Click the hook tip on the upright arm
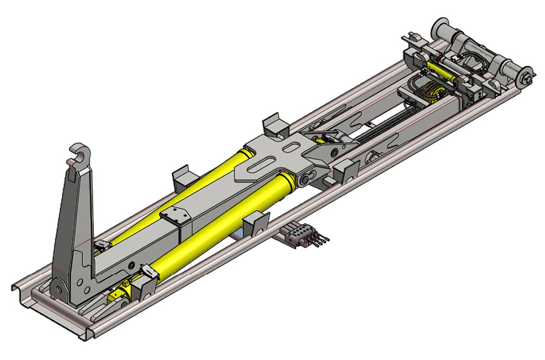pos(79,152)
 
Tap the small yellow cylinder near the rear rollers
pos(441,70)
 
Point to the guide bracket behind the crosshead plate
pos(274,125)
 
